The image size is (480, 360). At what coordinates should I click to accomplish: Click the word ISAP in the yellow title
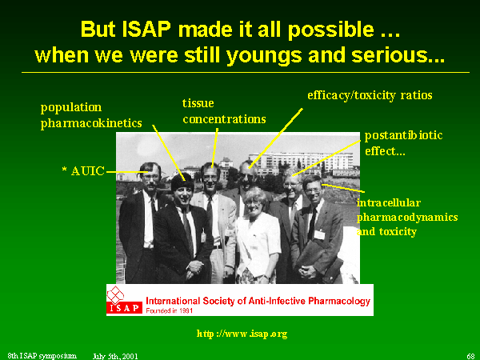[146, 30]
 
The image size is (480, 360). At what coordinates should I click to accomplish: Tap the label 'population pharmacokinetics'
[91, 115]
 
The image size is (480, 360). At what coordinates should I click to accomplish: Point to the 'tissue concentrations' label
[224, 111]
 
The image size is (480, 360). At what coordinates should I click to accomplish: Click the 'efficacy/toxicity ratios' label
[370, 95]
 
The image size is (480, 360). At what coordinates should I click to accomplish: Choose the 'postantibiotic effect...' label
[403, 143]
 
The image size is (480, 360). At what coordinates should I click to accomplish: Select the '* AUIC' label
[83, 171]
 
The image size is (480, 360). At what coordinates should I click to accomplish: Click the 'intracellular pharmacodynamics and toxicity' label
[407, 217]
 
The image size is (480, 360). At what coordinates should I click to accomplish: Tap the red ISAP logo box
[124, 308]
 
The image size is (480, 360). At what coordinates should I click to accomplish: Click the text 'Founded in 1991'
[170, 310]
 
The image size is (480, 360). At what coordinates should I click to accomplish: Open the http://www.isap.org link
[242, 334]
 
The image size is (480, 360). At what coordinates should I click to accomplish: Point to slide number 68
[470, 356]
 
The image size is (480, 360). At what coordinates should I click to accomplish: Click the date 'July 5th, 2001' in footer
[115, 356]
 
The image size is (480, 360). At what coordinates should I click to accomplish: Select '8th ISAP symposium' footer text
[42, 356]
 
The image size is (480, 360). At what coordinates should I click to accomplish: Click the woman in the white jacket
[256, 236]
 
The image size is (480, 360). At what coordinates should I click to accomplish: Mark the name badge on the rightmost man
[319, 234]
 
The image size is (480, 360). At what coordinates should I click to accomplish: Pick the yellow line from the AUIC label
[127, 172]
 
